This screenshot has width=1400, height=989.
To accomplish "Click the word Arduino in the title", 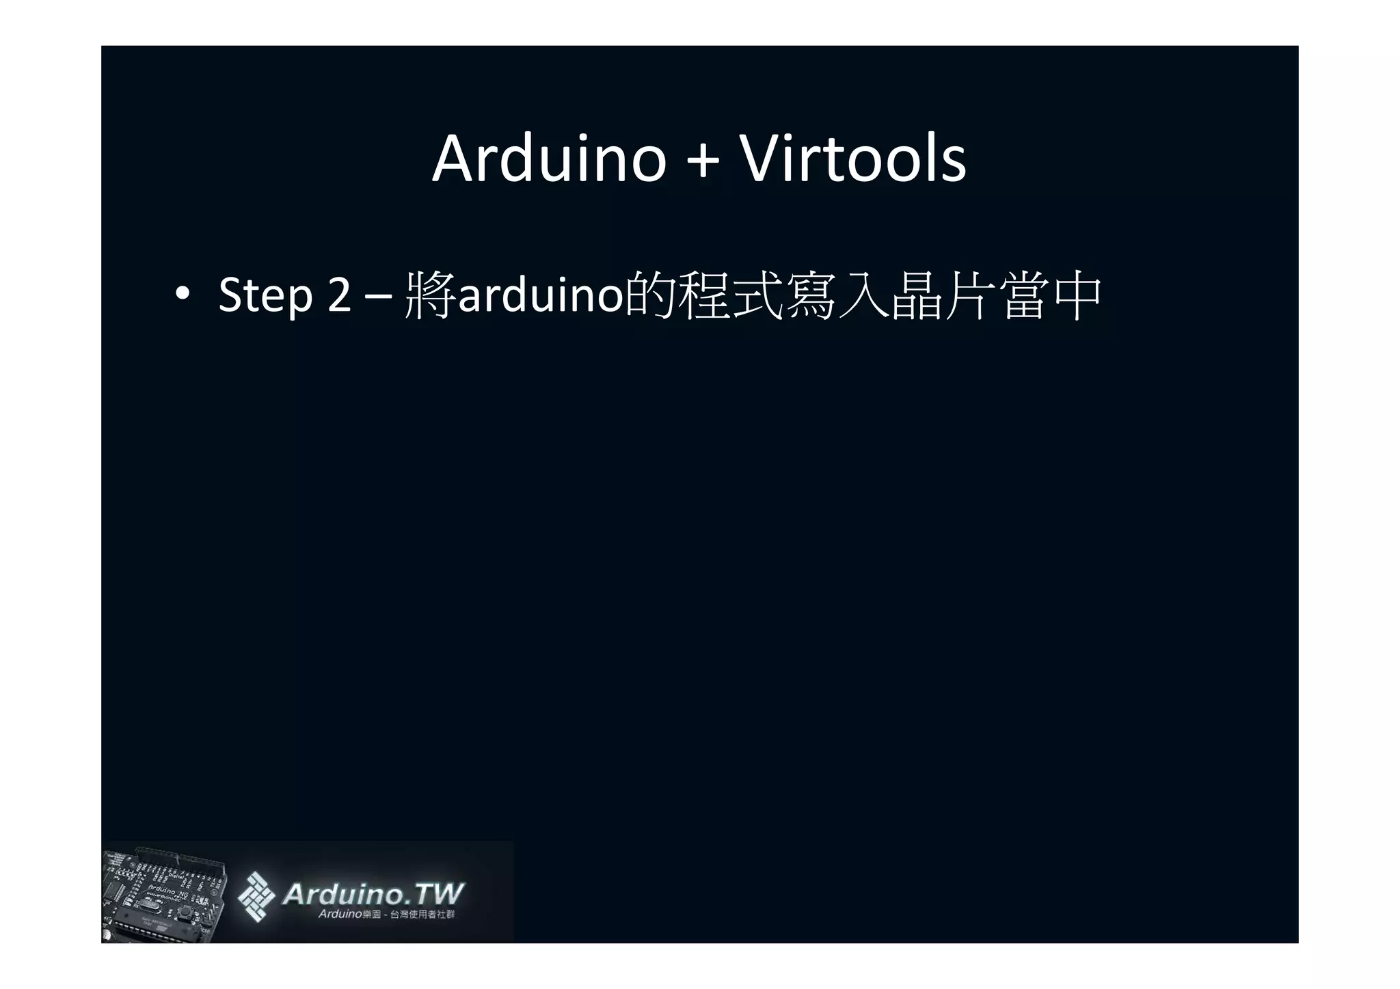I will pyautogui.click(x=549, y=159).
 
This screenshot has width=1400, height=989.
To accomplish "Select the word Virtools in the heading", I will pyautogui.click(x=854, y=159).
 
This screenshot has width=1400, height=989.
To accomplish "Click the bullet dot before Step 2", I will pyautogui.click(x=182, y=293).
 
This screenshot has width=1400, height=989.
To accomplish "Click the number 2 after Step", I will pyautogui.click(x=339, y=295).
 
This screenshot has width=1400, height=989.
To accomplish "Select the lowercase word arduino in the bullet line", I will pyautogui.click(x=540, y=295).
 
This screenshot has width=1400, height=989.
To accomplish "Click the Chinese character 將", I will pyautogui.click(x=430, y=295).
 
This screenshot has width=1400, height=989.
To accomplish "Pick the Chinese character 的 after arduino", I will pyautogui.click(x=651, y=295).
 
